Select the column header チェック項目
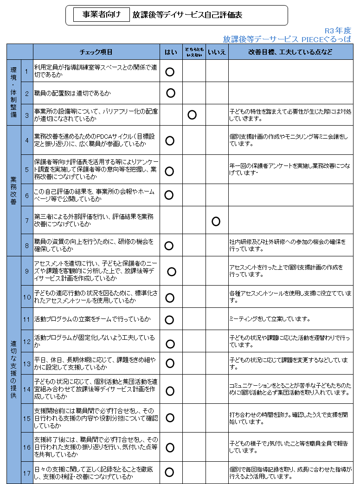[96, 52]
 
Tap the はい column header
[170, 52]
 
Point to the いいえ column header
[217, 52]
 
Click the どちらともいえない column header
[193, 52]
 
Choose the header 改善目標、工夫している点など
[290, 52]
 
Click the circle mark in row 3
[192, 115]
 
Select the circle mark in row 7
[216, 221]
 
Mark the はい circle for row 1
[170, 71]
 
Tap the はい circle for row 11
[169, 319]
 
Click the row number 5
[27, 170]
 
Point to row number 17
[27, 473]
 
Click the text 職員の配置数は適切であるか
[72, 93]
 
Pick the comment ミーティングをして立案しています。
[270, 319]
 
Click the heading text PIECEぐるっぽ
[325, 39]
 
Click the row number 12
[27, 342]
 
